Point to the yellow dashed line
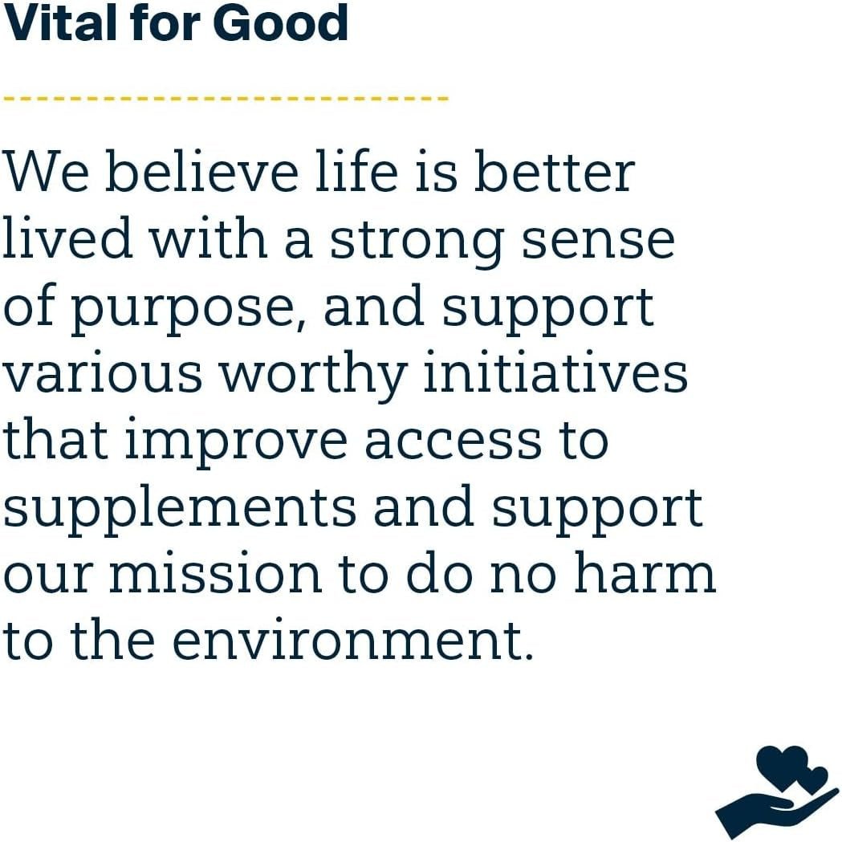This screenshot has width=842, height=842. [x=226, y=98]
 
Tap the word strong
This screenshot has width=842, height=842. [x=418, y=241]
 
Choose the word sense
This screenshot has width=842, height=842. [x=598, y=241]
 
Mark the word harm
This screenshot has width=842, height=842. [x=646, y=576]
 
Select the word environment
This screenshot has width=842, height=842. [x=353, y=642]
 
